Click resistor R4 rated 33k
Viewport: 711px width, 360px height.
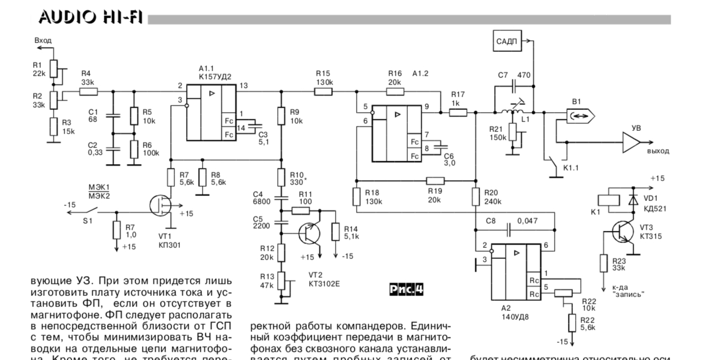pyautogui.click(x=89, y=92)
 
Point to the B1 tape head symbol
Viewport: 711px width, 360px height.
pyautogui.click(x=578, y=116)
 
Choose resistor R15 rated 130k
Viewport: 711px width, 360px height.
pyautogui.click(x=323, y=92)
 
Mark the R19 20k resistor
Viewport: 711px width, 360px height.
pyautogui.click(x=436, y=179)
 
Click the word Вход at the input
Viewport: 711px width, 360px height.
pyautogui.click(x=44, y=41)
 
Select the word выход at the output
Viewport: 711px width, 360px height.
pyautogui.click(x=659, y=151)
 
